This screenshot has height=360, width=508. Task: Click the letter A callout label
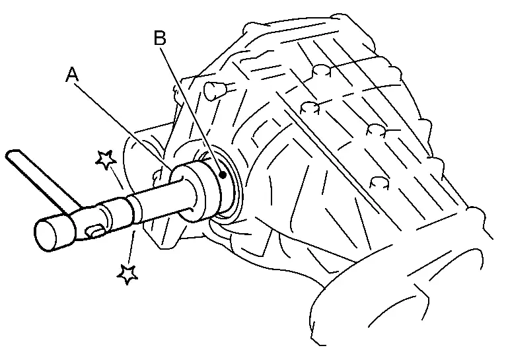tap(72, 75)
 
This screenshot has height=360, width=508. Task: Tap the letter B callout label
tap(160, 38)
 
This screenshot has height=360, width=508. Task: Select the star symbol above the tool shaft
tap(106, 160)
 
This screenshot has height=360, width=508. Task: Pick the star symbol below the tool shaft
tap(127, 274)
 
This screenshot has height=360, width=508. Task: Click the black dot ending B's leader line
tap(223, 175)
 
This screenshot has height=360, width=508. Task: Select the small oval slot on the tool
tap(94, 231)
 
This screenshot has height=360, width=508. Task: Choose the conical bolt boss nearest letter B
tap(212, 90)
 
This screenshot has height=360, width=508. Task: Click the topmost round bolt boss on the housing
tap(322, 71)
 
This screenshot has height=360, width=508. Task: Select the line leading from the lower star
tap(131, 246)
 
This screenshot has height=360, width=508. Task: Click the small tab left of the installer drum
tap(157, 175)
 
